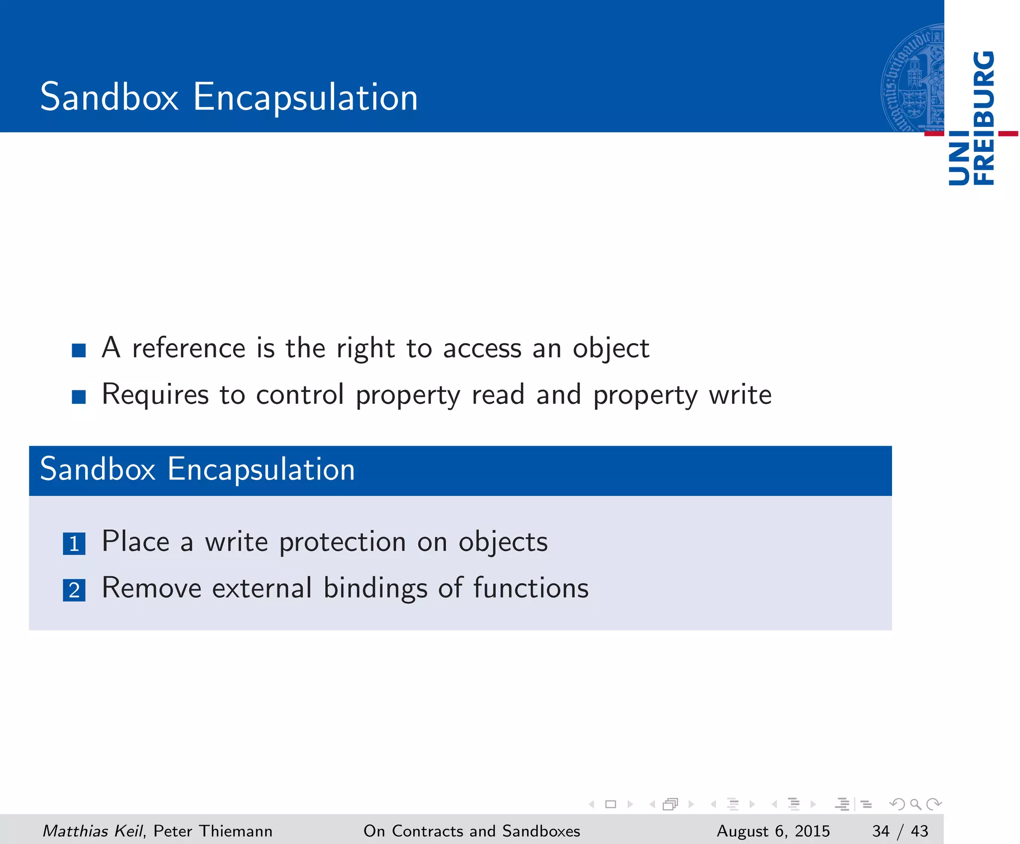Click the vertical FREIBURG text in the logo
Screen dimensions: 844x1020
pyautogui.click(x=984, y=119)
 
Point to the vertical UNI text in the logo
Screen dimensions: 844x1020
pyautogui.click(x=959, y=158)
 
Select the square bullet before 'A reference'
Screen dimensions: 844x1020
pyautogui.click(x=79, y=351)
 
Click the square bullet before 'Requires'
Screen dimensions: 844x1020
pyautogui.click(x=79, y=397)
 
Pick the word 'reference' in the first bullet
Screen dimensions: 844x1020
pyautogui.click(x=188, y=348)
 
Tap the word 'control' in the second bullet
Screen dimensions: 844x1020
pyautogui.click(x=300, y=395)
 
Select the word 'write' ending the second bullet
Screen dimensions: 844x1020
pyautogui.click(x=740, y=395)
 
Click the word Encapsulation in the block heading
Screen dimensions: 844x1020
pyautogui.click(x=261, y=470)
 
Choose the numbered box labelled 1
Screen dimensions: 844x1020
pyautogui.click(x=74, y=544)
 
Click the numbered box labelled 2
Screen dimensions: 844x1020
pyautogui.click(x=74, y=590)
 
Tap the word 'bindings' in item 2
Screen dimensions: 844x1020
pyautogui.click(x=376, y=589)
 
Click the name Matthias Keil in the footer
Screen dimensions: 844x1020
pyautogui.click(x=93, y=831)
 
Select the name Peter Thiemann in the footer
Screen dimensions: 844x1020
pyautogui.click(x=213, y=831)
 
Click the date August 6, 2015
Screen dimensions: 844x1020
pyautogui.click(x=773, y=831)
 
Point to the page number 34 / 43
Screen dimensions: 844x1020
pyautogui.click(x=900, y=831)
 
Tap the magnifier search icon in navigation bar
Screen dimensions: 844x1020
pyautogui.click(x=915, y=804)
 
